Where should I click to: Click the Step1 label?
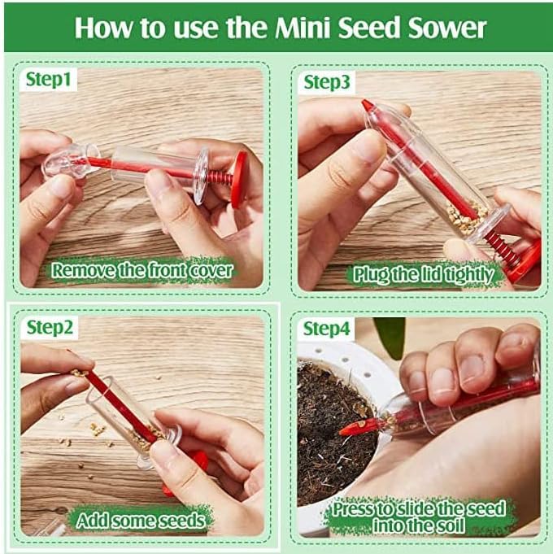pos(48,80)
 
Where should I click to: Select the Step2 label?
pos(50,327)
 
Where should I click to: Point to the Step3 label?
pos(327,82)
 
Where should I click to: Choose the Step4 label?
pos(326,329)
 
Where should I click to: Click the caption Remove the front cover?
pos(142,271)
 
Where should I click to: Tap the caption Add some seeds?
pos(141,521)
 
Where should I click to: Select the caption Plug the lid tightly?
pos(424,274)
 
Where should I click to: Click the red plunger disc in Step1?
pos(239,179)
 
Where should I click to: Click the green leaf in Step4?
pos(390,336)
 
